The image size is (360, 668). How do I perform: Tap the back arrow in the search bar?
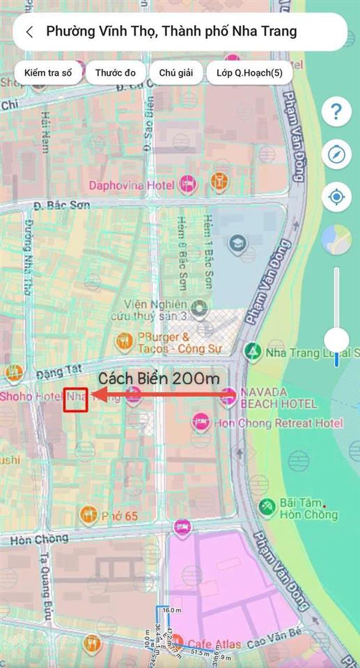(x=29, y=32)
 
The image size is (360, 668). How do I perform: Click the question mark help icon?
(x=336, y=111)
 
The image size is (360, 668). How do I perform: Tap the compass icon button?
(x=336, y=154)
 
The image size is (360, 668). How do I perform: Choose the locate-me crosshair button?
(x=336, y=197)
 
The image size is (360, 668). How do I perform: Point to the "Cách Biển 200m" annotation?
(x=158, y=379)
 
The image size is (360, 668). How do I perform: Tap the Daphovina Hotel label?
(x=132, y=185)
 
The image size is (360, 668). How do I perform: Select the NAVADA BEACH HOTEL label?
(x=279, y=397)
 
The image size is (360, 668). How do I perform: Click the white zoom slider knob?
(x=337, y=340)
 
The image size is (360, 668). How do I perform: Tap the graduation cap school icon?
(x=238, y=243)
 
